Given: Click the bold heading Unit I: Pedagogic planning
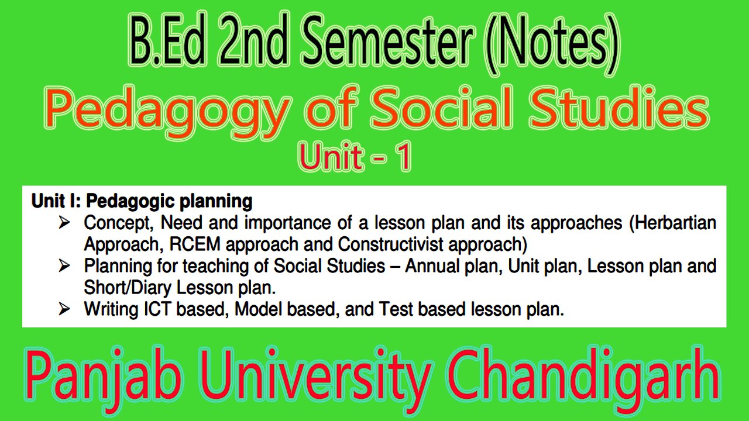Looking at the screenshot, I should (x=142, y=202).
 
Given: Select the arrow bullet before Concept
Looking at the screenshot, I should (x=64, y=223).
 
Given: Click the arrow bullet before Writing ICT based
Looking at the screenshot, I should (x=64, y=309).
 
